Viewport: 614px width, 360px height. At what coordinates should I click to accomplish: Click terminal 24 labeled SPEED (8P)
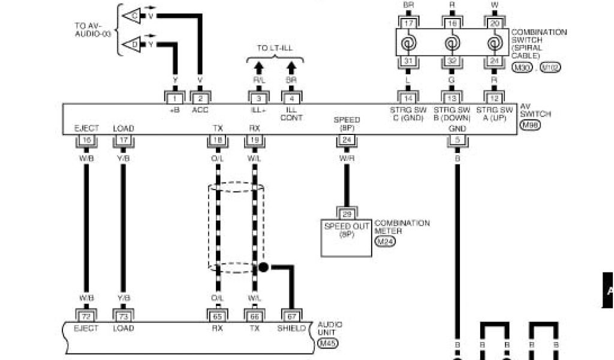pos(347,140)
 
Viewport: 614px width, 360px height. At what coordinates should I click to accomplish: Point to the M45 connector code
pos(327,344)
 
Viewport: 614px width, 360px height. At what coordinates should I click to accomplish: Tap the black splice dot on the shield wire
pos(263,267)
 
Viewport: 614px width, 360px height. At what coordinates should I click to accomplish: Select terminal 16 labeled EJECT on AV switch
pos(86,140)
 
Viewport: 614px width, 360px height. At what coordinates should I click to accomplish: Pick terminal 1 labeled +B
pos(174,98)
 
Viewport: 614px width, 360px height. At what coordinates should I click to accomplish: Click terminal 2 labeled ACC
pos(200,98)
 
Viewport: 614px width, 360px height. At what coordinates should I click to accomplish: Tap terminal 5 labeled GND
pos(457,140)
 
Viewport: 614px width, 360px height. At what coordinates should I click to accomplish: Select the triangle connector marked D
pos(132,44)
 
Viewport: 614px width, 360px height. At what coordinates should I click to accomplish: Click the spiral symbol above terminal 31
pos(408,44)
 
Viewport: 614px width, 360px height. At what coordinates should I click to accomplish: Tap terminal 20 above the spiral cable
pos(495,23)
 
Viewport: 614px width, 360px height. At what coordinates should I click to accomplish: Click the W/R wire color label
pos(347,158)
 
